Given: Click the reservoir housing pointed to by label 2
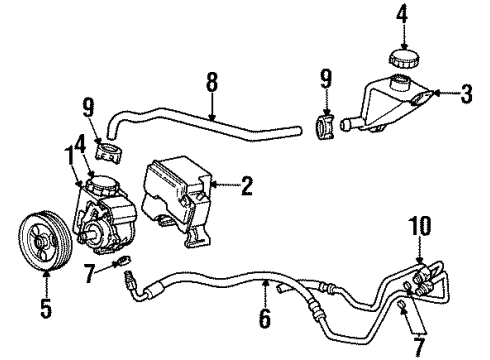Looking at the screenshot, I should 178,205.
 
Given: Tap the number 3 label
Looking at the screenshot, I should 466,95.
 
